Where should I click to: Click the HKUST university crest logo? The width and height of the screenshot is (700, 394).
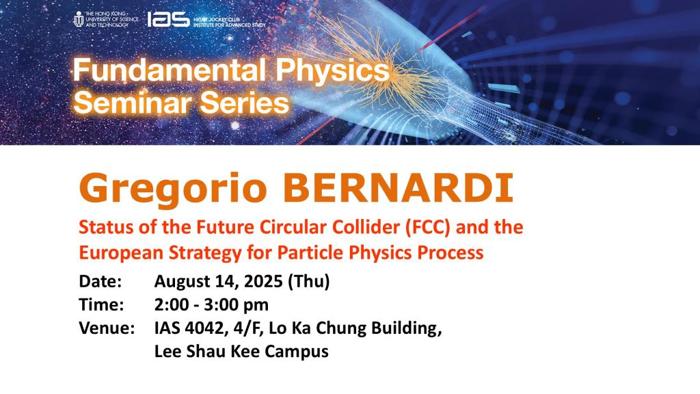coord(79,20)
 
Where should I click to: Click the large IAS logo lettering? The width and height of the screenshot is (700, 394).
coord(168,20)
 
